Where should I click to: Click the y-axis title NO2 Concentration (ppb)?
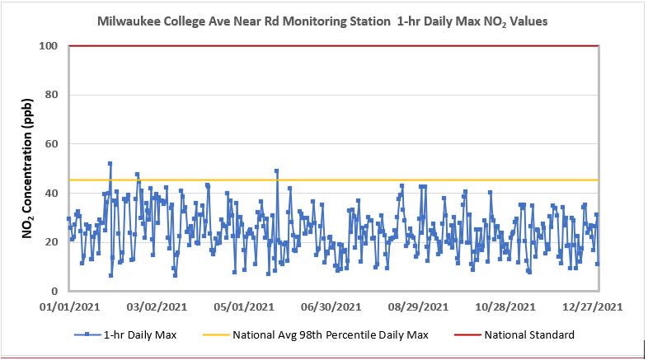pyautogui.click(x=27, y=169)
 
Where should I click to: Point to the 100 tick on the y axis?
pyautogui.click(x=49, y=46)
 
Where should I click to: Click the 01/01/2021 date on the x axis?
pyautogui.click(x=69, y=307)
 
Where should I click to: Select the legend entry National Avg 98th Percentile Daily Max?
pyautogui.click(x=331, y=335)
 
